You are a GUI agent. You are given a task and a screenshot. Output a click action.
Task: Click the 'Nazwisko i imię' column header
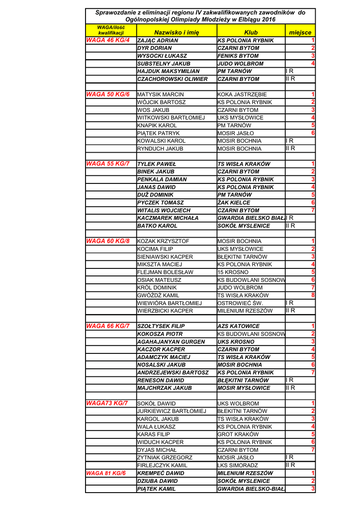[176, 32]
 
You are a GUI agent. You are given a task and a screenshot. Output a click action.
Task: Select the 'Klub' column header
[251, 32]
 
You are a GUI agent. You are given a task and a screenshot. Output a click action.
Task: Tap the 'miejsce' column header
[300, 32]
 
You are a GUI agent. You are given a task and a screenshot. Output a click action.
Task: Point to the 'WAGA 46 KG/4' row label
[108, 40]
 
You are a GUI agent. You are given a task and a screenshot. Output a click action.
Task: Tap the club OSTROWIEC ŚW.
[240, 303]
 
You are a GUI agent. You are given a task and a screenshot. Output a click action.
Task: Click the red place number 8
[313, 295]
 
